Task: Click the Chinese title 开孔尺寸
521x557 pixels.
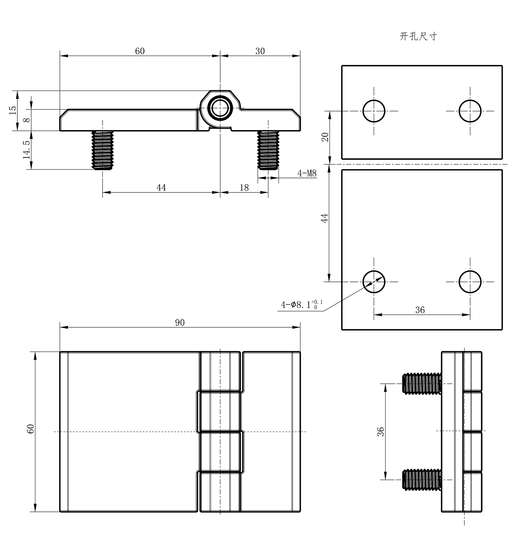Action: click(418, 37)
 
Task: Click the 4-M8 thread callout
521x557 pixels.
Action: click(307, 173)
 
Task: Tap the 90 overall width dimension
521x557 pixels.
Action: click(180, 323)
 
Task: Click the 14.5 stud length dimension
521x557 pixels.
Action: click(27, 150)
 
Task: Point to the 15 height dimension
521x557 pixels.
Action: click(13, 110)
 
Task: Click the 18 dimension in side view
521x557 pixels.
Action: click(244, 188)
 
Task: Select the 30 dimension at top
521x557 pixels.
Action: click(260, 51)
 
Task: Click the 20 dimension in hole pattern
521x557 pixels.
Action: click(325, 137)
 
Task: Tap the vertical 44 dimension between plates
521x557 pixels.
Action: click(324, 218)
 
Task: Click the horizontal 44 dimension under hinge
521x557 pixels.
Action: click(161, 188)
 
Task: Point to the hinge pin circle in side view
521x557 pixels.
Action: click(220, 108)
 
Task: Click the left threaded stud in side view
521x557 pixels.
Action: click(103, 150)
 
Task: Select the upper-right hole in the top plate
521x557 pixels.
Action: click(470, 111)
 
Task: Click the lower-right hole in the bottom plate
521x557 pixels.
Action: click(470, 282)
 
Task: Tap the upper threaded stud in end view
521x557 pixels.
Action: click(421, 384)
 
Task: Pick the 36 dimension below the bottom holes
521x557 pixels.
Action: click(420, 310)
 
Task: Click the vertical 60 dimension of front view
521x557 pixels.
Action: click(30, 429)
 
